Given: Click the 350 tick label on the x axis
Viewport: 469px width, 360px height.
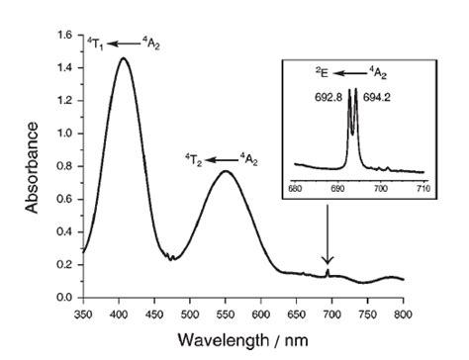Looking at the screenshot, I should pos(83,313).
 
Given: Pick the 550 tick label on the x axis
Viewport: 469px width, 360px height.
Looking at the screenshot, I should pos(226,313).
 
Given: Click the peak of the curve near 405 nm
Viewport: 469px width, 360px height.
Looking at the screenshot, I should pos(123,57).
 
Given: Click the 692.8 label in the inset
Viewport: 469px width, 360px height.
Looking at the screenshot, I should pos(324,99).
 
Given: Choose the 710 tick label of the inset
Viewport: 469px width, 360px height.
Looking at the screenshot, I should pos(422,187).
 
